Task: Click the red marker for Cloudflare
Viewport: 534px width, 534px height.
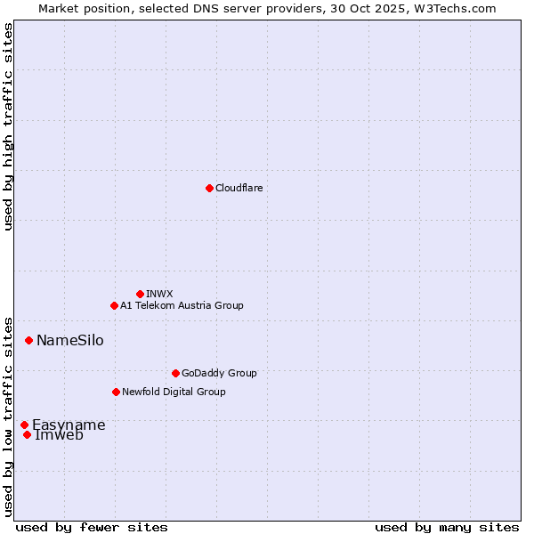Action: click(209, 188)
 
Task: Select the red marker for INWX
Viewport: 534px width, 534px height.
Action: click(140, 294)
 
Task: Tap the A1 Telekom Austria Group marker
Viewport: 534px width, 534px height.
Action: click(114, 305)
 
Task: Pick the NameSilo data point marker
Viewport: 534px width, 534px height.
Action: click(28, 340)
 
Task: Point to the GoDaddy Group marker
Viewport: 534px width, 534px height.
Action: click(175, 373)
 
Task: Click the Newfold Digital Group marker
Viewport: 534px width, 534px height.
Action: click(116, 392)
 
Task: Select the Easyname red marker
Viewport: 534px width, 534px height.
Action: click(24, 425)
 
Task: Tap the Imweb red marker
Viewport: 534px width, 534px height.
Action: click(27, 434)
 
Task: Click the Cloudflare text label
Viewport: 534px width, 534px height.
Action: click(239, 188)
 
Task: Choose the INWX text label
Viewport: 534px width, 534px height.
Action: click(159, 294)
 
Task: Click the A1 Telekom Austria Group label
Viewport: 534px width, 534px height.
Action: click(182, 305)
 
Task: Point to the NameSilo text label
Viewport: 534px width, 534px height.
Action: click(69, 340)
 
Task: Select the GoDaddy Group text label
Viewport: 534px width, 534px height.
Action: click(219, 373)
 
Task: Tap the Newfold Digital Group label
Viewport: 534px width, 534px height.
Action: click(174, 392)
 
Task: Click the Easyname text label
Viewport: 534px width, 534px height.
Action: click(69, 425)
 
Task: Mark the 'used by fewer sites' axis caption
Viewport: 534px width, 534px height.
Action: click(92, 527)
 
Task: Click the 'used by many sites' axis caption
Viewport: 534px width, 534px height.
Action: click(447, 527)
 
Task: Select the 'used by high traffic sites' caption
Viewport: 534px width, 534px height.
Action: click(8, 126)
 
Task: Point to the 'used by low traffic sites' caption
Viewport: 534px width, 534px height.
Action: click(8, 416)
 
